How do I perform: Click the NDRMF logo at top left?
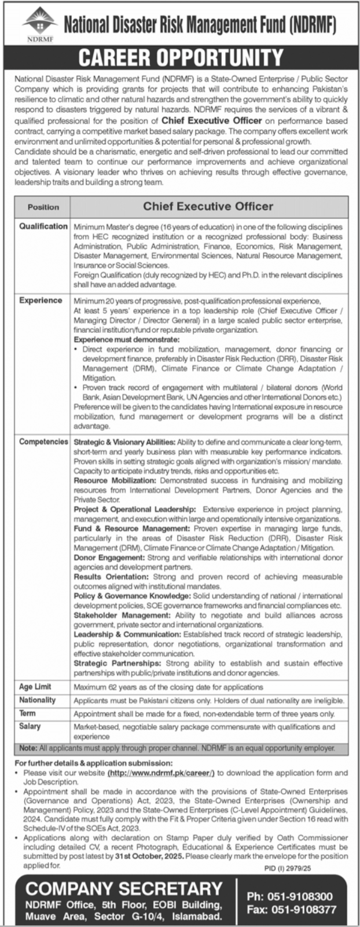pos(39,25)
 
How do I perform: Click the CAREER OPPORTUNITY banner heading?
pos(181,57)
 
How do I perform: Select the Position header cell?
pos(43,207)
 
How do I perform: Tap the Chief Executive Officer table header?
pos(208,206)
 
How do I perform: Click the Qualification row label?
pos(43,226)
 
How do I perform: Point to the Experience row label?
pos(41,301)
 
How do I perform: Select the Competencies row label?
pos(43,442)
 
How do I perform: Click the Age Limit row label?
pos(35,687)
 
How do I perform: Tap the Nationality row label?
pos(38,700)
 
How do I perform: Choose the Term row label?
pos(27,713)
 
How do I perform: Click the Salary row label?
pos(30,726)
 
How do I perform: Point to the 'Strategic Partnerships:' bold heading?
pos(117,663)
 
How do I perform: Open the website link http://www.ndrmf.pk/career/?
pos(161,772)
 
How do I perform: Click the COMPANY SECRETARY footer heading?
pos(124,889)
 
